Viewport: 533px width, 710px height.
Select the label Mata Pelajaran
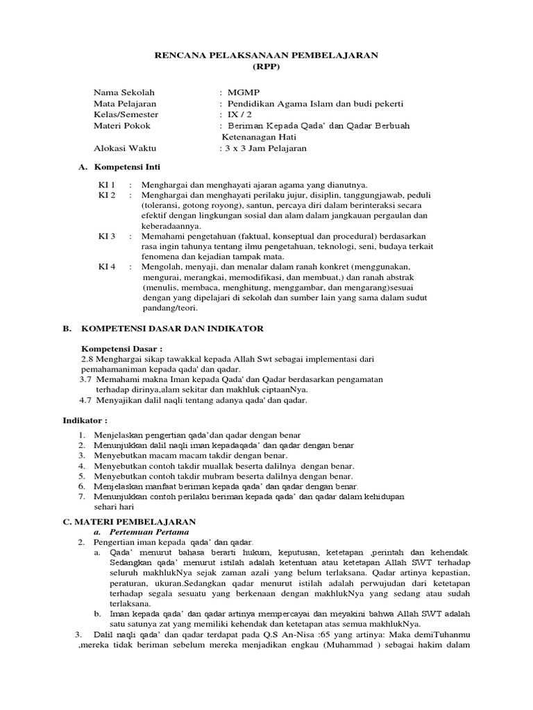click(124, 103)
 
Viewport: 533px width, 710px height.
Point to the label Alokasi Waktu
click(125, 148)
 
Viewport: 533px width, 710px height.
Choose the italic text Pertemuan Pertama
click(146, 531)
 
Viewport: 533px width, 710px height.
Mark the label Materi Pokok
click(122, 125)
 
